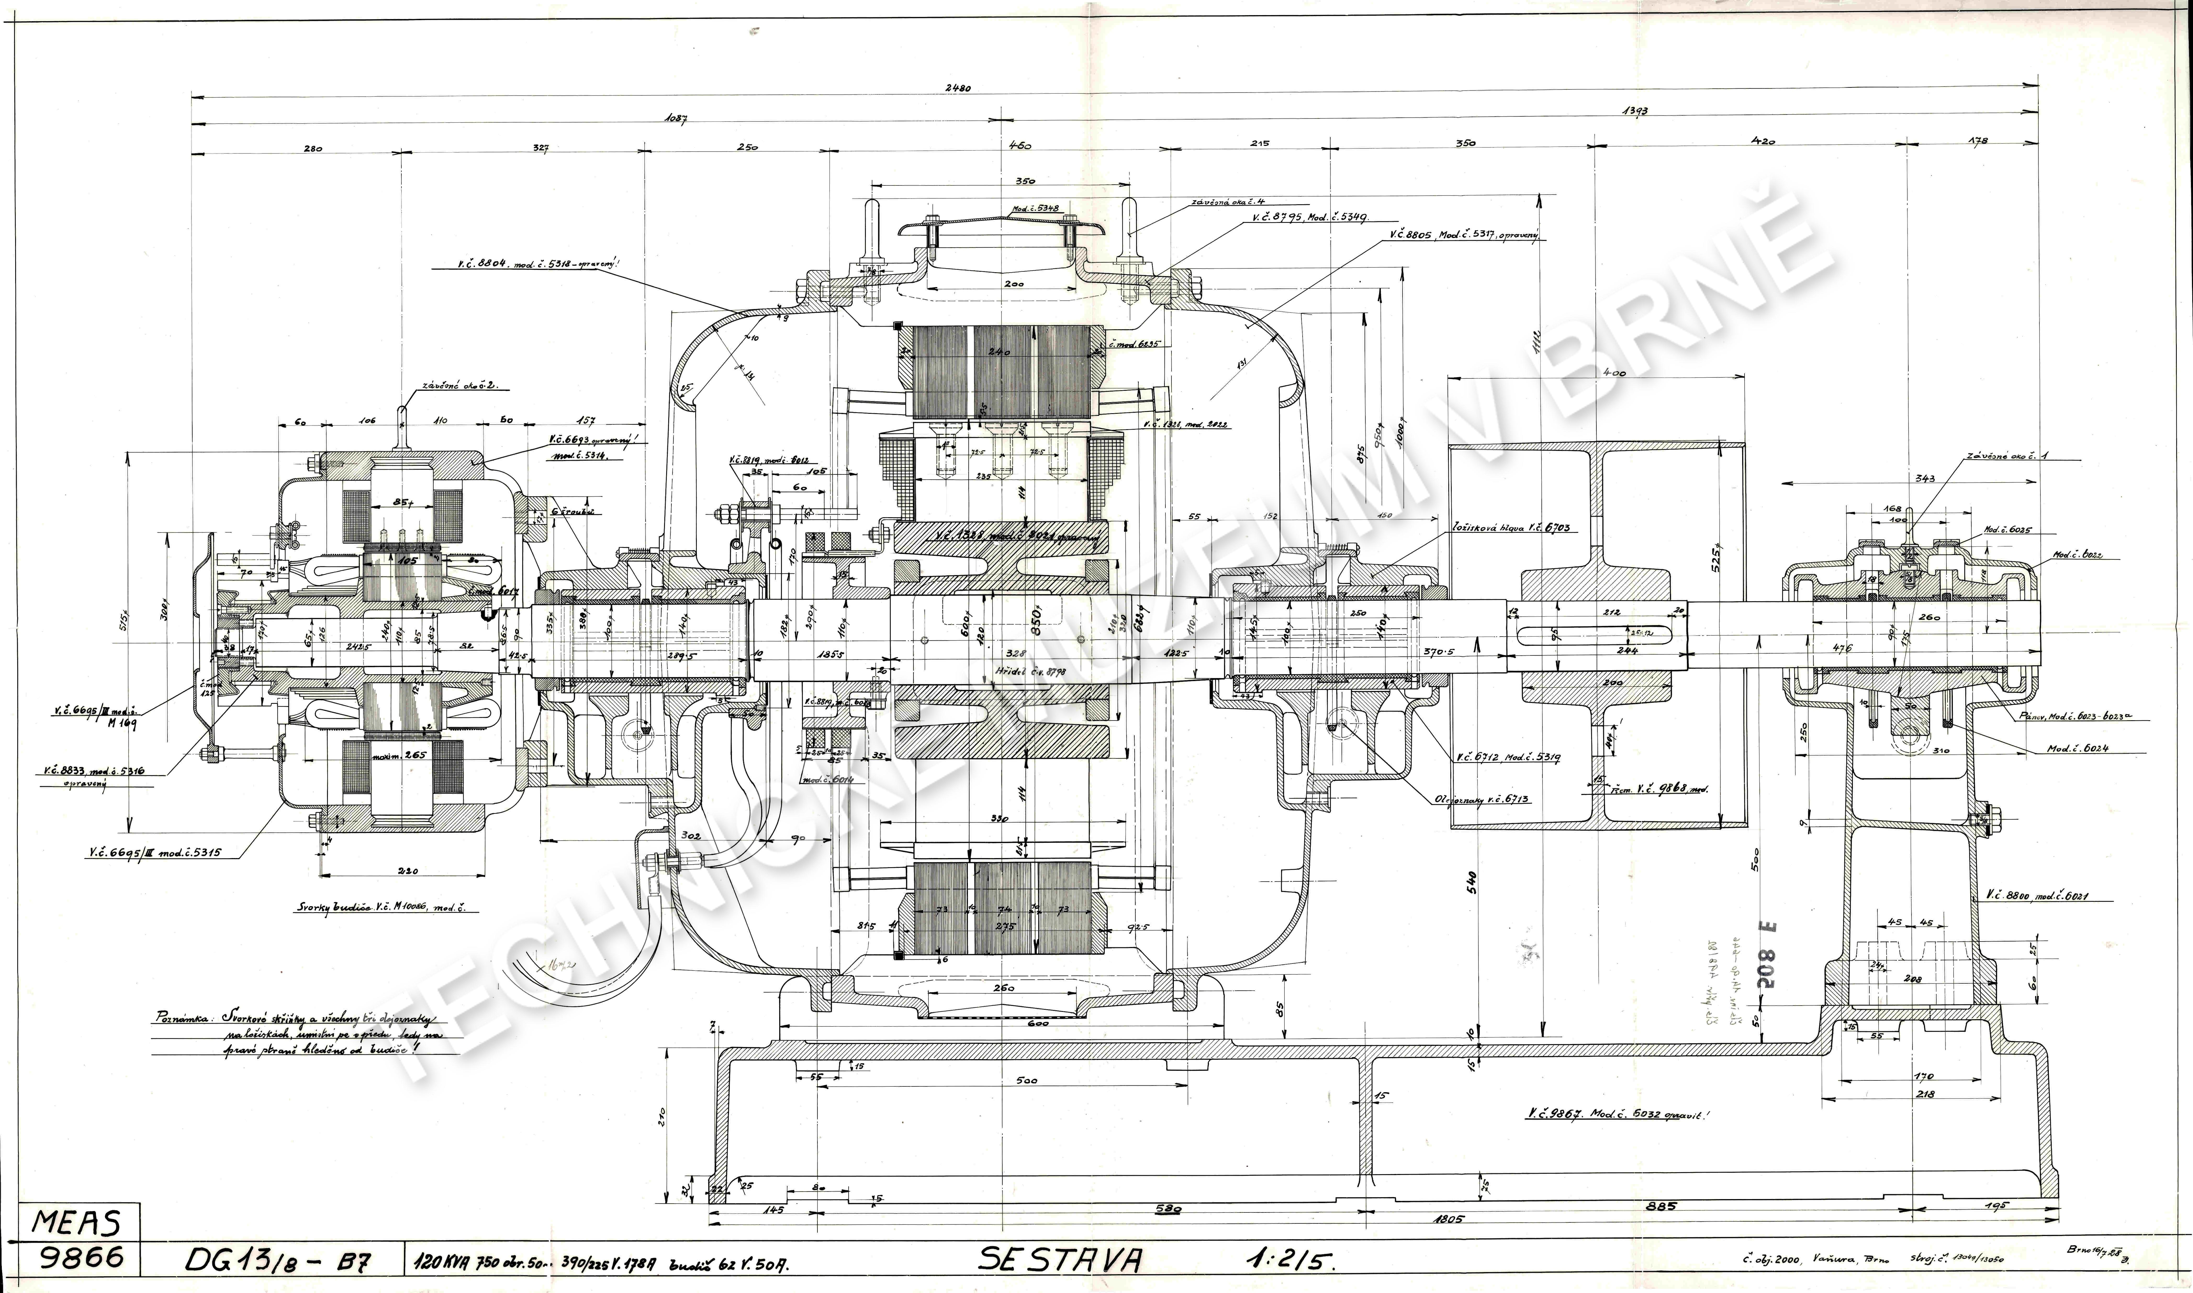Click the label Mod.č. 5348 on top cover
[x=1035, y=209]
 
